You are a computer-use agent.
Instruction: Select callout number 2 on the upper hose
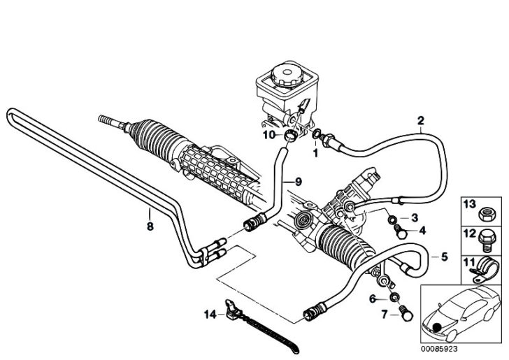pyautogui.click(x=420, y=120)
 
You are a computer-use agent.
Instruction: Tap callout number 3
pyautogui.click(x=415, y=217)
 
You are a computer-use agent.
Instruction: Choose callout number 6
pyautogui.click(x=373, y=298)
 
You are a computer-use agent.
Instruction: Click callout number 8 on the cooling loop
pyautogui.click(x=149, y=226)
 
